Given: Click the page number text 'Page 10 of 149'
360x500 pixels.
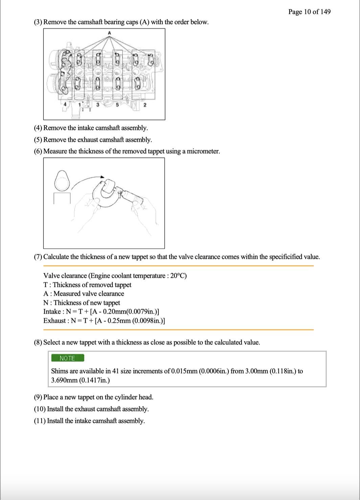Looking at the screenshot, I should tap(309, 12).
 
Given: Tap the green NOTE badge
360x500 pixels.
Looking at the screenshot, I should tap(67, 358).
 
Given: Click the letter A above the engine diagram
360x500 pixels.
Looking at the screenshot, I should tap(109, 33).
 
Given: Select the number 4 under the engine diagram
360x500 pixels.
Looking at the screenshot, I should tap(65, 105).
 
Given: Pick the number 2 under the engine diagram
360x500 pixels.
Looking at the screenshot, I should tap(145, 105).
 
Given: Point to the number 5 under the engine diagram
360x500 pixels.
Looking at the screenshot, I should tap(117, 105).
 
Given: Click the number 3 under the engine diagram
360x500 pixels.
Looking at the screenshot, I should tap(98, 105).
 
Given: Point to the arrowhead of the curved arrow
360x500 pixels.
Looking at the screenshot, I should tap(102, 177).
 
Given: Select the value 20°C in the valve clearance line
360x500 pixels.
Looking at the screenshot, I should tap(178, 276).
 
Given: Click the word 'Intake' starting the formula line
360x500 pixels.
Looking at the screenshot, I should tap(52, 312).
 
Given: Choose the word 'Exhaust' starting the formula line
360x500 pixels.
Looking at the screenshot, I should tap(54, 321).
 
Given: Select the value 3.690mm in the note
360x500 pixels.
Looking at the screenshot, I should tap(64, 380).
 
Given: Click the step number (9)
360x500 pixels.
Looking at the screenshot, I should tap(38, 397).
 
